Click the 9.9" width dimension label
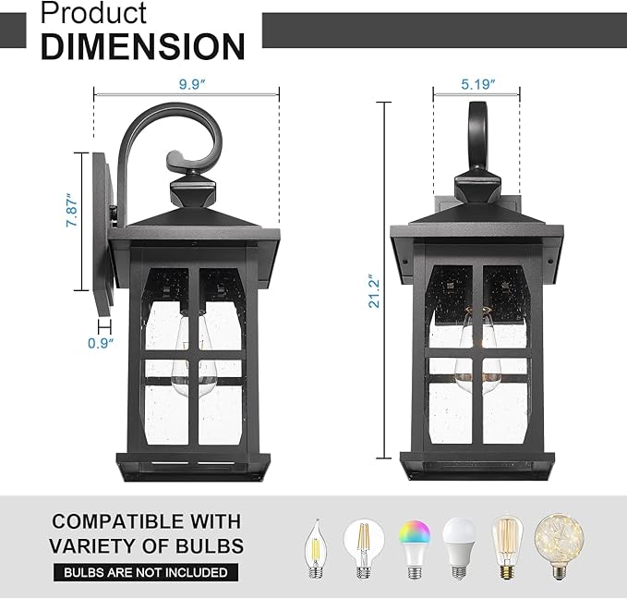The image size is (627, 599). (x=192, y=84)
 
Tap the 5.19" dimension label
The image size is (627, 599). (x=478, y=84)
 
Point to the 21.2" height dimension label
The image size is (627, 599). (x=373, y=290)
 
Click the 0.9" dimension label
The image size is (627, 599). (x=101, y=344)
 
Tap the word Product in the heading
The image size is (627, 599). (x=93, y=13)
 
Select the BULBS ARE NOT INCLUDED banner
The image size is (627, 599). (x=145, y=572)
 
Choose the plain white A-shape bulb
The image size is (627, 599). (x=459, y=545)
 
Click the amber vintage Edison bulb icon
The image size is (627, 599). (x=507, y=545)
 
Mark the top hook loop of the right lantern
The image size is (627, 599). (x=479, y=129)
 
